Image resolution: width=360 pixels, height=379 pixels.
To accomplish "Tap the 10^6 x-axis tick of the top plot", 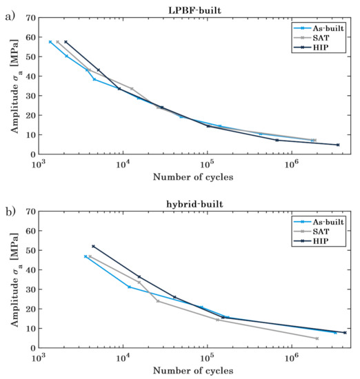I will coord(291,164).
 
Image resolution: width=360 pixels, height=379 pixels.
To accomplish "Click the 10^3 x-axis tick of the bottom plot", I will coord(39,358).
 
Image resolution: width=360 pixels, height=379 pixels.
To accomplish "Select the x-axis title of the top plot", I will coord(194,177).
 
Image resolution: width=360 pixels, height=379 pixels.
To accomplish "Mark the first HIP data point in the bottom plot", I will coord(93,246).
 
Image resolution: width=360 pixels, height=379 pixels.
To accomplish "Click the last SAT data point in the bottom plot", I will coord(317,338).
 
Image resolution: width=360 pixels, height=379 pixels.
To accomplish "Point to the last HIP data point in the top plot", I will coord(338,145).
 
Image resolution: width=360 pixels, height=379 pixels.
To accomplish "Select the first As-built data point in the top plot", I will coord(50,42).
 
